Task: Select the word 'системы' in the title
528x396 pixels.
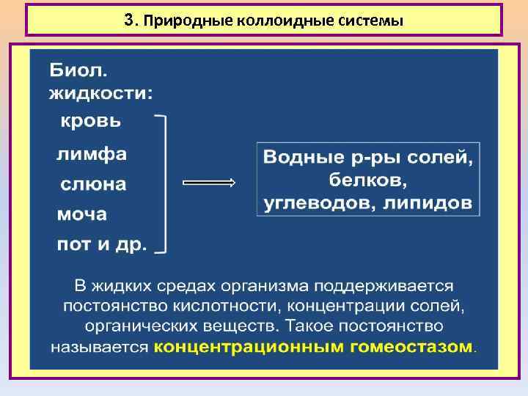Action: (x=374, y=21)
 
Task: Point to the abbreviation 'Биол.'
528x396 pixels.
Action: (x=78, y=72)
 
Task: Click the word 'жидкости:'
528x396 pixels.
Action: (x=101, y=93)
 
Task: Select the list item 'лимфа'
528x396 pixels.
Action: (x=92, y=155)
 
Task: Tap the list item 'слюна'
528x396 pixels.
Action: (x=92, y=185)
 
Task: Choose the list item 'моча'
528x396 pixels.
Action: (x=82, y=215)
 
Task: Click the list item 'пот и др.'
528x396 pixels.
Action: (x=102, y=244)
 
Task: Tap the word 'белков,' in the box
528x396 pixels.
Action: (x=368, y=180)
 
